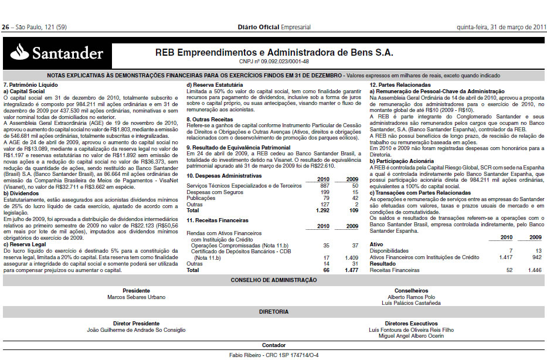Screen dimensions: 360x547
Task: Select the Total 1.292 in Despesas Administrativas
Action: point(322,209)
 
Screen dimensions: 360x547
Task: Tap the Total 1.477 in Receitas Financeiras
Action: point(350,270)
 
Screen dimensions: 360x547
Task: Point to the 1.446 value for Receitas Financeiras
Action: point(534,270)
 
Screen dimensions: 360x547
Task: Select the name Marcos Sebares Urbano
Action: point(137,296)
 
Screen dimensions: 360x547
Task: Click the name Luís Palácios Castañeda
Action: point(412,303)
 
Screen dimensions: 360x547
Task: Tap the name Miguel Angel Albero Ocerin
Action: point(411,335)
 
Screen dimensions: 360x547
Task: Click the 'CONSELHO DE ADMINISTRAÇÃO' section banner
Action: point(273,280)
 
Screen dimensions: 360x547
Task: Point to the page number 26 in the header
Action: point(6,28)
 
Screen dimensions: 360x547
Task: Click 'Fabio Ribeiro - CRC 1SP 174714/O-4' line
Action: point(274,355)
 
